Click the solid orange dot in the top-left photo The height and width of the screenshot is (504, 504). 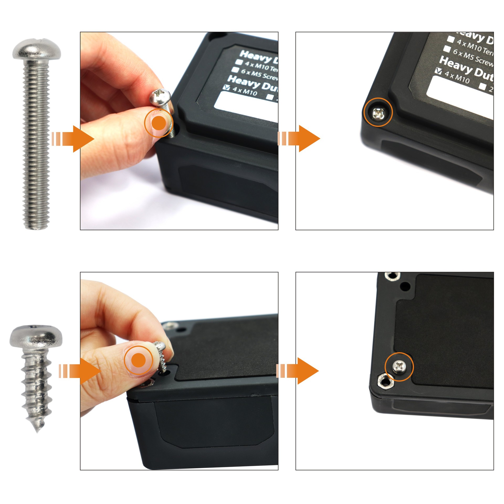159,123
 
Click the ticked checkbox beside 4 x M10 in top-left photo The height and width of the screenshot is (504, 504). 226,87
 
